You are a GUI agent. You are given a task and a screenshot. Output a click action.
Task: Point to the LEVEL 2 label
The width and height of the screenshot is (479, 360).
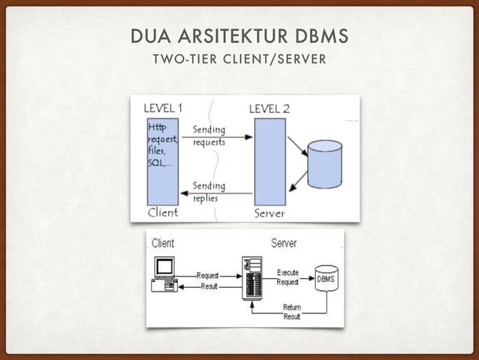(x=269, y=108)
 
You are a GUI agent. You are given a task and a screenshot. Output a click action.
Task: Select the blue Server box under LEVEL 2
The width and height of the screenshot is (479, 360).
(x=270, y=161)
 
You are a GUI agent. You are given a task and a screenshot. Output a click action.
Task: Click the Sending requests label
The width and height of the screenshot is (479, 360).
(x=209, y=135)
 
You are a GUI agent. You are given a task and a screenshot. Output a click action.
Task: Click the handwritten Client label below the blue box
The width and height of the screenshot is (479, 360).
(x=163, y=212)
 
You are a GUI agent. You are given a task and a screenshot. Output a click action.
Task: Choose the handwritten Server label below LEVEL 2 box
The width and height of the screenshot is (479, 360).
(x=270, y=213)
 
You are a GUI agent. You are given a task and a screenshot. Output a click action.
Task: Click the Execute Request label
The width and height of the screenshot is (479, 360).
(x=288, y=277)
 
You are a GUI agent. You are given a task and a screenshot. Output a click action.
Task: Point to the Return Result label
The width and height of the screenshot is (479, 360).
(x=292, y=312)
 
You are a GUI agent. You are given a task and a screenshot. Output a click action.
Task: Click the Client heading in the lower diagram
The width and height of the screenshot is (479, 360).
(x=163, y=244)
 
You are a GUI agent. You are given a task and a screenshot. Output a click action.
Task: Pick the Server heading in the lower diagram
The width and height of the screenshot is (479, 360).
(x=283, y=244)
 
